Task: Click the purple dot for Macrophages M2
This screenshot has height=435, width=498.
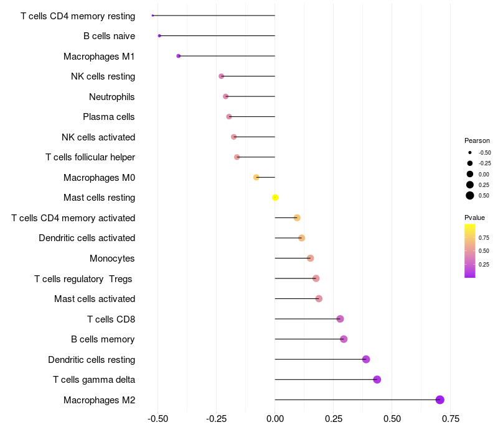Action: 440,400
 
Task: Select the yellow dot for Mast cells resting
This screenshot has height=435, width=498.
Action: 275,198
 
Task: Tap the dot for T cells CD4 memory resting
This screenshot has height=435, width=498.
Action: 153,16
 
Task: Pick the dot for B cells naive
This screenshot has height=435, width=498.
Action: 159,35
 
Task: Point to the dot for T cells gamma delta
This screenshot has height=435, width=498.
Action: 377,379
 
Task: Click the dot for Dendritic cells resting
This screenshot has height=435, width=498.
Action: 366,359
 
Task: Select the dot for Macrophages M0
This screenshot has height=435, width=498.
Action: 256,177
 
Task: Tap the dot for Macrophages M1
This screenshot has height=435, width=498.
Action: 179,56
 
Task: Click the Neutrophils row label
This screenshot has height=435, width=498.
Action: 112,96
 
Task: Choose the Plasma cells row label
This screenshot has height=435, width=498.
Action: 109,117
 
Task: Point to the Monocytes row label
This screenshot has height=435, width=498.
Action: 112,259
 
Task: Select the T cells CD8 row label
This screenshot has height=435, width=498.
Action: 111,319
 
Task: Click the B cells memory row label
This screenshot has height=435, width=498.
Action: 103,339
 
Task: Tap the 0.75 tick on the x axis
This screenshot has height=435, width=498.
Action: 451,418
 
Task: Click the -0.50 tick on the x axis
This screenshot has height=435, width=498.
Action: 157,418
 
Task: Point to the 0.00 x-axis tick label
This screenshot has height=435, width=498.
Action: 275,418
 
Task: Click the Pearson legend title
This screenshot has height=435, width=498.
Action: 477,140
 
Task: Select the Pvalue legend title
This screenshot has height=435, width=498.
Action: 474,217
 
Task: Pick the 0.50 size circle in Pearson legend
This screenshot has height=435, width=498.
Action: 470,195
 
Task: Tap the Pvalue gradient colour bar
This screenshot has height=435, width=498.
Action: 470,250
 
